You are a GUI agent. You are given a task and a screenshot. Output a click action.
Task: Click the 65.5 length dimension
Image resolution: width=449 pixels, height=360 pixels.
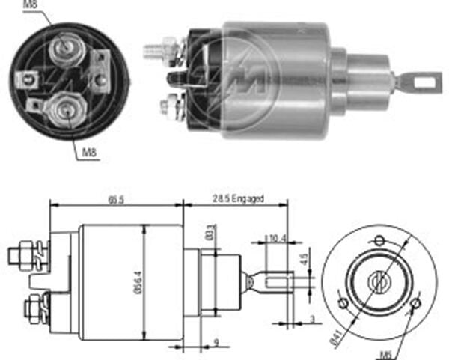115,199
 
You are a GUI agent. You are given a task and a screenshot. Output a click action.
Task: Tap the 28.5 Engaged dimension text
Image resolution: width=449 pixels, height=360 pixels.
238,199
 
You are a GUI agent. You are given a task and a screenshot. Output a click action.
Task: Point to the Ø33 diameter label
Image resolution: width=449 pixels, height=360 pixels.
213,231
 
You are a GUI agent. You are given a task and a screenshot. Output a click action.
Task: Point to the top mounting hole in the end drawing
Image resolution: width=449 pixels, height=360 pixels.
379,241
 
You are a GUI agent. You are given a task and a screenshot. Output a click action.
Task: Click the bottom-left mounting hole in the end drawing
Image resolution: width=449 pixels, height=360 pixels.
343,302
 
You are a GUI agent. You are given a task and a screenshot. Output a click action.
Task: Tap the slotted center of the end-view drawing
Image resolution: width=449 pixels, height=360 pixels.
379,282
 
